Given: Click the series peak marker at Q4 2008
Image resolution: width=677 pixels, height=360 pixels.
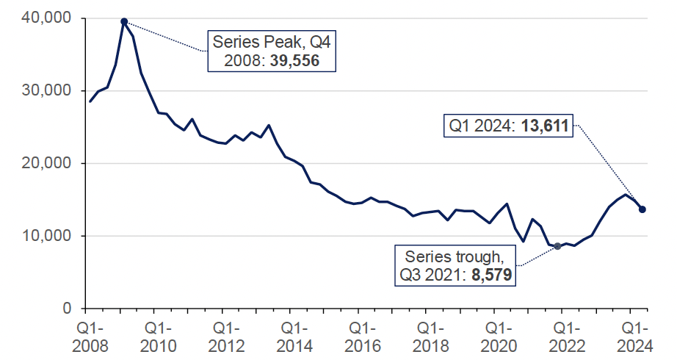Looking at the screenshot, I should [x=124, y=21].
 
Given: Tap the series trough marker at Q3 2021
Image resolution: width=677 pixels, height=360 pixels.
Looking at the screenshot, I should [x=557, y=246].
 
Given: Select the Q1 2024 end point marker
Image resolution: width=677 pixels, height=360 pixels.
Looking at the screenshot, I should [x=642, y=209].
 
